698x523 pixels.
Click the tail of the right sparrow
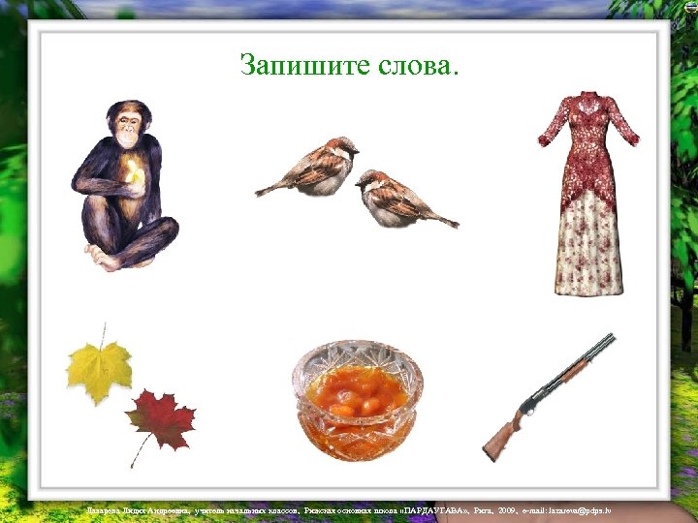444,220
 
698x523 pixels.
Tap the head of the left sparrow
341,147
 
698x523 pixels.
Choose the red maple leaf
160,418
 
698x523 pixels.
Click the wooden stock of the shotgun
501,438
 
